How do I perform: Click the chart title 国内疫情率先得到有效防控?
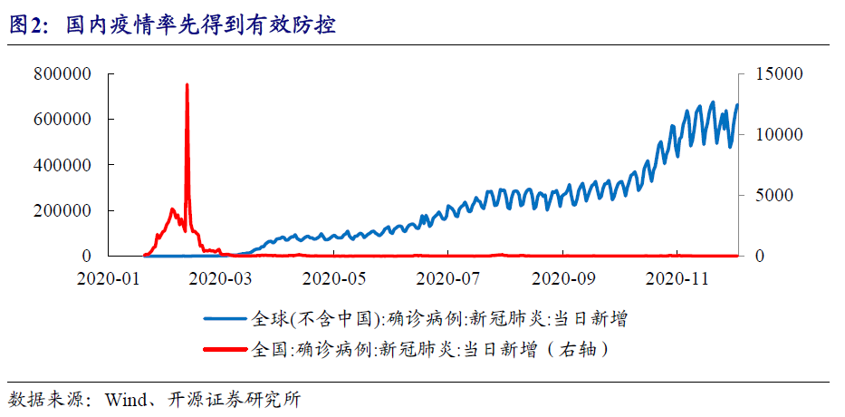[x=201, y=25]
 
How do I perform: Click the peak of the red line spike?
[x=187, y=84]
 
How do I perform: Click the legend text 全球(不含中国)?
[x=313, y=318]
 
